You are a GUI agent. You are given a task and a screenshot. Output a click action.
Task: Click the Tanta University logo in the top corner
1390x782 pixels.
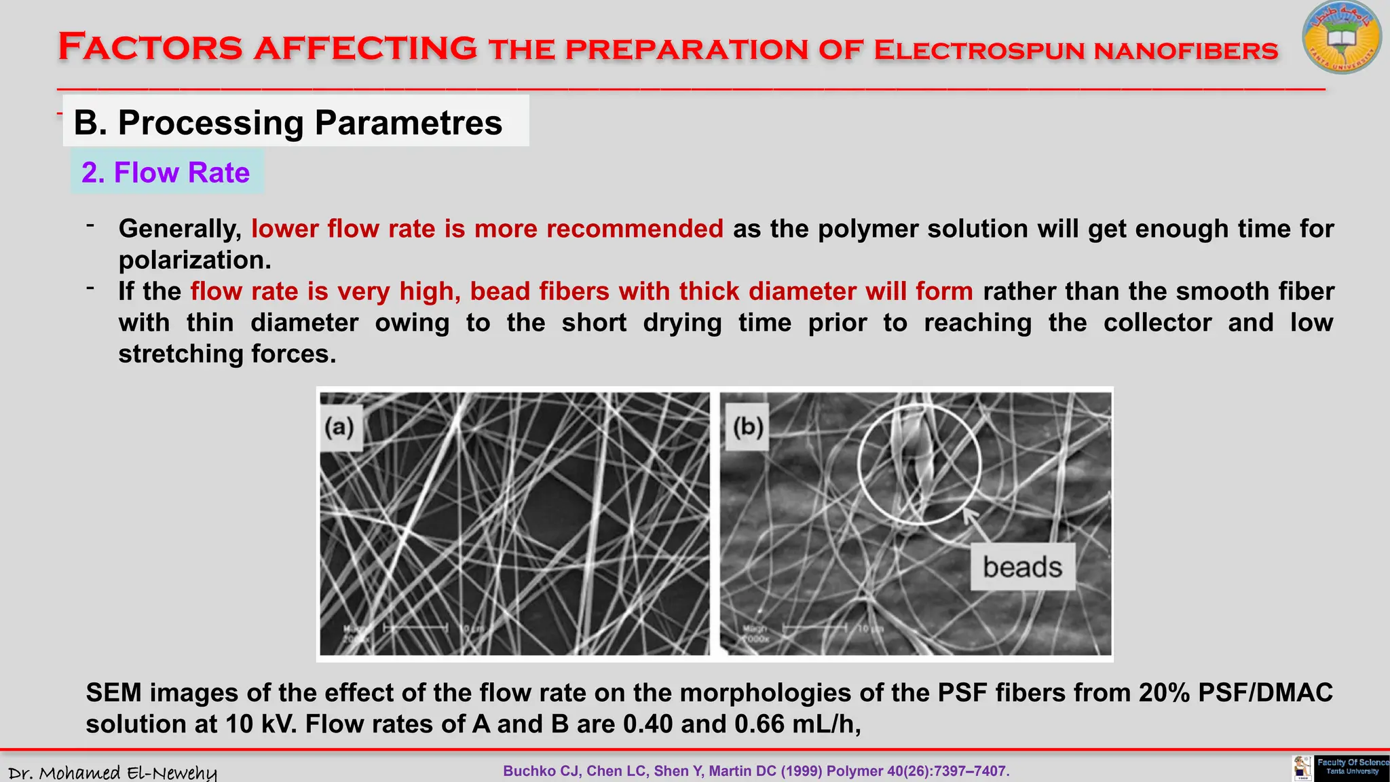[1341, 38]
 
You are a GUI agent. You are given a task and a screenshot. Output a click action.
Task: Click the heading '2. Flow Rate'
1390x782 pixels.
[166, 172]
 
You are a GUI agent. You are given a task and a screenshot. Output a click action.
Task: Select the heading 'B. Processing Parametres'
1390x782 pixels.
[288, 123]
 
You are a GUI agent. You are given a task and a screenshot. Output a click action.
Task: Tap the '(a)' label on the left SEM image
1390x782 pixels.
[339, 428]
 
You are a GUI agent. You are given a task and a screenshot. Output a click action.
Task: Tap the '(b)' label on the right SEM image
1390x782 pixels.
[748, 428]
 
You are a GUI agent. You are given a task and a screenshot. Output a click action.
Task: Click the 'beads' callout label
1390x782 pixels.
[1022, 567]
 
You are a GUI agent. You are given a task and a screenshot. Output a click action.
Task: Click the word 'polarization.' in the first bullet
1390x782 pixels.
[195, 260]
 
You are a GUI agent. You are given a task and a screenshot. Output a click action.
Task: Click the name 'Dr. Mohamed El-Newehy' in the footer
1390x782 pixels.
[113, 772]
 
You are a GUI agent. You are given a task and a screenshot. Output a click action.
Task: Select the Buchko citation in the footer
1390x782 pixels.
[756, 771]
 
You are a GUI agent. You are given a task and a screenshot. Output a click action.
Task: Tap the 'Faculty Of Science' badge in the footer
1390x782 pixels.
[1351, 767]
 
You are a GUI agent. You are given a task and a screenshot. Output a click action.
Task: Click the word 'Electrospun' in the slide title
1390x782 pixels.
[979, 50]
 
